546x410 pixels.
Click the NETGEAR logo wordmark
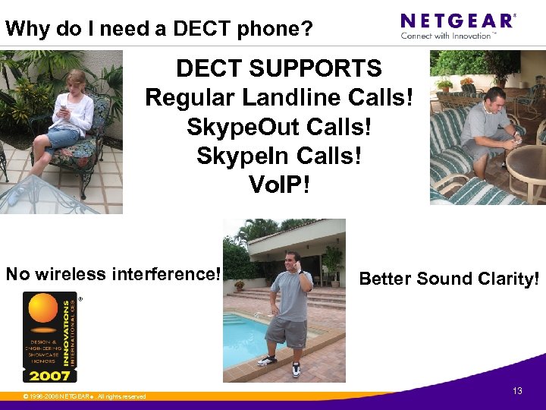point(457,20)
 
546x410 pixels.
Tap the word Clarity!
point(503,279)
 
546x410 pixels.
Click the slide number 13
point(517,391)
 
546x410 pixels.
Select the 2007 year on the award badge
point(50,374)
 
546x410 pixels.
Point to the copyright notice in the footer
point(84,396)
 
